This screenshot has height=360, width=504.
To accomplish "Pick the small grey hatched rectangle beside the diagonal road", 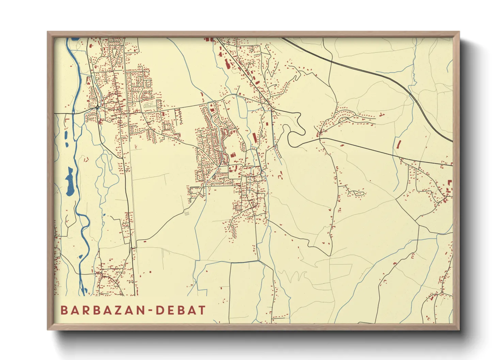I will (187, 213).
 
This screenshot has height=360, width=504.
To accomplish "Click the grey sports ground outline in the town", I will (149, 106).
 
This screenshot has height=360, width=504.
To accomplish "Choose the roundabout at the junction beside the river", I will (97, 108).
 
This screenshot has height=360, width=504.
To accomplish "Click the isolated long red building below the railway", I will (398, 144).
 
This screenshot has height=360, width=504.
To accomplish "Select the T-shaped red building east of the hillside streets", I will (381, 115).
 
